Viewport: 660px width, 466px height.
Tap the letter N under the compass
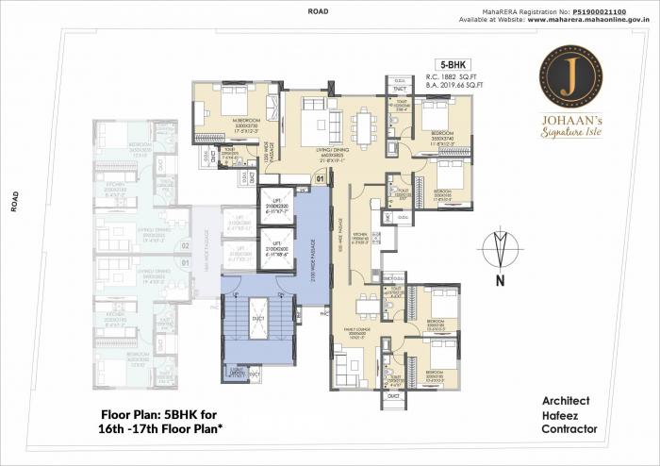point(500,280)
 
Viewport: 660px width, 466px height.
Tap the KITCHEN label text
point(360,232)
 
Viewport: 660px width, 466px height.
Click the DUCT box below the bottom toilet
point(392,397)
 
